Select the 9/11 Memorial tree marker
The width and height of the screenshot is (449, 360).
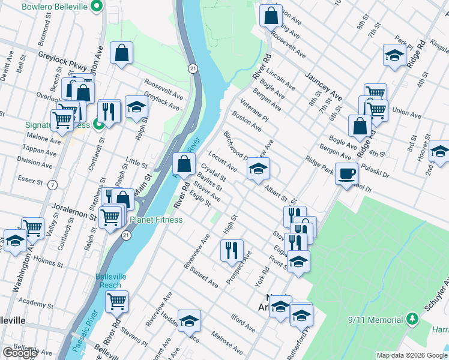412,317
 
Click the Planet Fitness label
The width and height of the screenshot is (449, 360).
158,220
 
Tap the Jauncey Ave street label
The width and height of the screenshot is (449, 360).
323,86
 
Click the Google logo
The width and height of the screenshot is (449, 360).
20,352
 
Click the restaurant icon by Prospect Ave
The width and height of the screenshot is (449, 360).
232,250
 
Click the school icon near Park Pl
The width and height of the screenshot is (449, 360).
394,55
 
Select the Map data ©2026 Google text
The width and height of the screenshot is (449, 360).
411,355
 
